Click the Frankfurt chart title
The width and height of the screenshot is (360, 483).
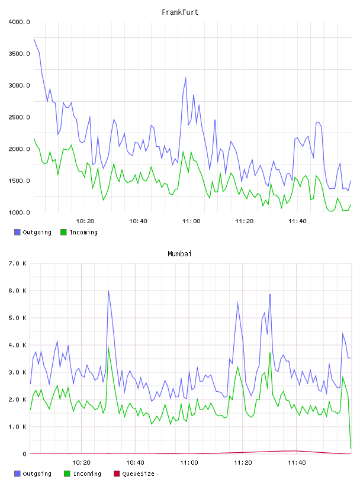pyautogui.click(x=180, y=12)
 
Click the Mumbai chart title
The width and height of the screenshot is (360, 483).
pyautogui.click(x=179, y=253)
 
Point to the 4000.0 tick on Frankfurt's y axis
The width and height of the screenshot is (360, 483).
pyautogui.click(x=19, y=22)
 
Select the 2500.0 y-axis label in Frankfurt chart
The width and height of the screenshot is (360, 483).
pyautogui.click(x=19, y=117)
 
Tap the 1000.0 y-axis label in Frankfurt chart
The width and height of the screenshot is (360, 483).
pyautogui.click(x=19, y=212)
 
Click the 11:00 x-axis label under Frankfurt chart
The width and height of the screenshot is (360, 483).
pyautogui.click(x=191, y=221)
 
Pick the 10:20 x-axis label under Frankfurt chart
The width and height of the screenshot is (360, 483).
pyautogui.click(x=85, y=221)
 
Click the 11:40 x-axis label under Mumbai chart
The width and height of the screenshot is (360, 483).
pyautogui.click(x=297, y=462)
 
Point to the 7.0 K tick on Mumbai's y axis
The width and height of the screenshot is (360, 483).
pyautogui.click(x=17, y=263)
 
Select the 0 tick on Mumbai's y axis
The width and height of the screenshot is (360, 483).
pyautogui.click(x=24, y=454)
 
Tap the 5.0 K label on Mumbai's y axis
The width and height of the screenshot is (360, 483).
pyautogui.click(x=17, y=318)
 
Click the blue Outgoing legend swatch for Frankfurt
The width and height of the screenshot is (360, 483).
pyautogui.click(x=17, y=232)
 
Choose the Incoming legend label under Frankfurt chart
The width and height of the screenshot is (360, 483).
pyautogui.click(x=83, y=232)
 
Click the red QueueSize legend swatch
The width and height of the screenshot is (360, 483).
pyautogui.click(x=117, y=474)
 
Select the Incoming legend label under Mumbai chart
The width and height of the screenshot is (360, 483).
pyautogui.click(x=87, y=474)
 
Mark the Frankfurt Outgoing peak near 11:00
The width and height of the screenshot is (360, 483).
pyautogui.click(x=185, y=78)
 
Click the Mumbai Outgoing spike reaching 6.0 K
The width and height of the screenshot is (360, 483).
pyautogui.click(x=108, y=291)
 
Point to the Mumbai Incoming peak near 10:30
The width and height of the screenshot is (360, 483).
pyautogui.click(x=108, y=347)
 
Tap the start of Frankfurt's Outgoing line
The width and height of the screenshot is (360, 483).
pyautogui.click(x=34, y=39)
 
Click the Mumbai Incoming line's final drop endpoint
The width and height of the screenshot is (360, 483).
pyautogui.click(x=351, y=449)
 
